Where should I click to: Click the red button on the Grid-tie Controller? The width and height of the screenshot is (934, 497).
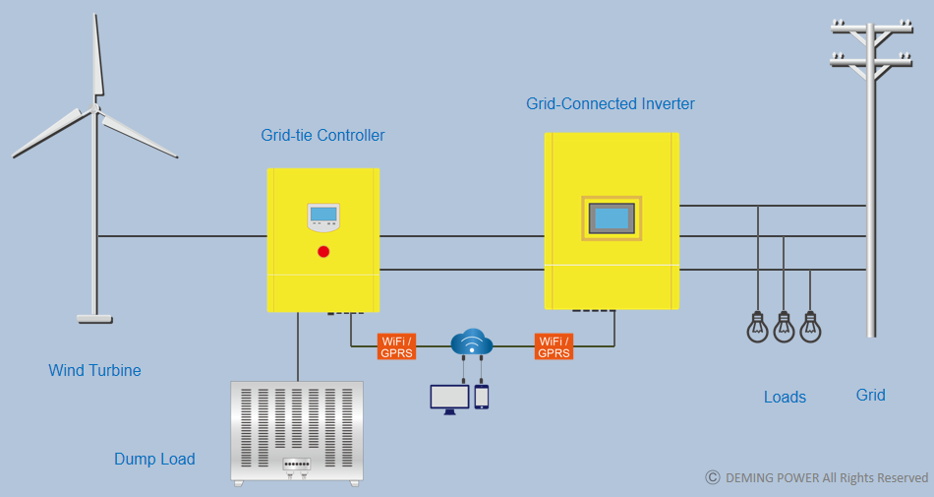[x=323, y=252]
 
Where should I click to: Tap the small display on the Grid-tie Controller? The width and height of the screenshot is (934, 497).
[x=323, y=214]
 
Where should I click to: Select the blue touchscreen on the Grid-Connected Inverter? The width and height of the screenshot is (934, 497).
[x=612, y=218]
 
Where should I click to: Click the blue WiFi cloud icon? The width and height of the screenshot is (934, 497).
[x=472, y=342]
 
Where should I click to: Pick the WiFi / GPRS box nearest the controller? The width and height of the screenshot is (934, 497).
[x=397, y=346]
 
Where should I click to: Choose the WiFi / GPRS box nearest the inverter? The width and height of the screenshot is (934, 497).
[x=554, y=346]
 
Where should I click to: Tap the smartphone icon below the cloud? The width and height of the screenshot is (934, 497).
[x=482, y=397]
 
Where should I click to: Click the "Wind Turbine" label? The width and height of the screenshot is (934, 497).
[x=94, y=370]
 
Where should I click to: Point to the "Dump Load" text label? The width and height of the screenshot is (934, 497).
[x=155, y=459]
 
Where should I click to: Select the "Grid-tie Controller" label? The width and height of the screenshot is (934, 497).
[x=322, y=135]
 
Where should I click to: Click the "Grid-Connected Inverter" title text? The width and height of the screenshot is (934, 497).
[x=611, y=103]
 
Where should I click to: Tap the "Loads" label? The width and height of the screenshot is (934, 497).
[x=786, y=397]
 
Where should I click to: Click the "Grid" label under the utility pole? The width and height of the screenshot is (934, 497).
[x=871, y=395]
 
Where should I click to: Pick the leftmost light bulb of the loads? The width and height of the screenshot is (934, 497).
[x=758, y=327]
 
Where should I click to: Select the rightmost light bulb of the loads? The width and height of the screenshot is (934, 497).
[x=810, y=327]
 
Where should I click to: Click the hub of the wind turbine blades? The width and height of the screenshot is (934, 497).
[x=94, y=108]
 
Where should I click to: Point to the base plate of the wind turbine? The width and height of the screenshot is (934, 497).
[x=94, y=320]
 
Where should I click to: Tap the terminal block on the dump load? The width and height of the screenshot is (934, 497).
[x=296, y=464]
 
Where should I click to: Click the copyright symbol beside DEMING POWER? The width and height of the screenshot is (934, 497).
[x=713, y=477]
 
